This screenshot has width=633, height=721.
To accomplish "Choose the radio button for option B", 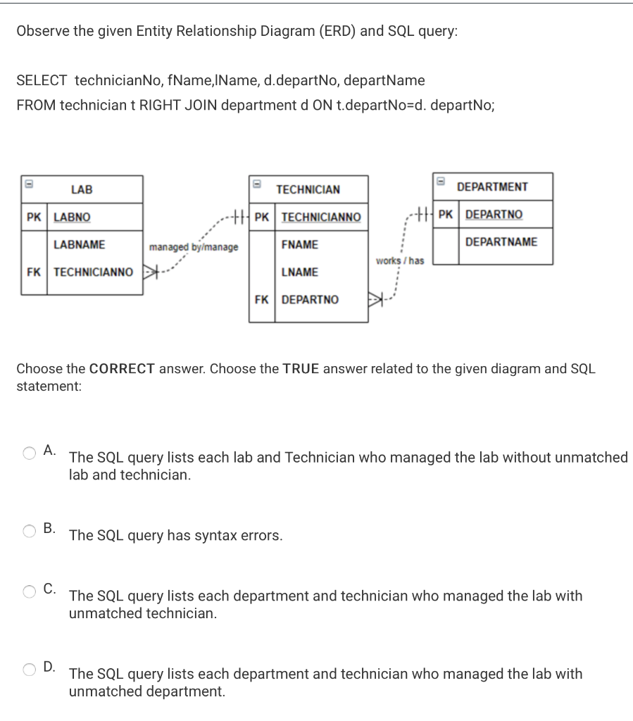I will click(x=30, y=532).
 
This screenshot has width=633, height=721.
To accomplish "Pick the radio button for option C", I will click(x=30, y=591).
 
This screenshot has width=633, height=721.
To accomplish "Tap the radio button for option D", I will click(x=30, y=670).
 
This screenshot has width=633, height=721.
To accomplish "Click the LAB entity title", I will click(x=82, y=189).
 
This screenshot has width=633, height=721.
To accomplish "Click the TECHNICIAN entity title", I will click(x=308, y=189).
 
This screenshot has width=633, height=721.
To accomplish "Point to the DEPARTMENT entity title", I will click(x=492, y=187).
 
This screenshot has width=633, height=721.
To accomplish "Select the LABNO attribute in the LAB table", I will click(x=72, y=217).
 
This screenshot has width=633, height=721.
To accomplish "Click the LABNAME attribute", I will click(x=80, y=244).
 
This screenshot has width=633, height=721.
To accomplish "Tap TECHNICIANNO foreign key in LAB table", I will click(x=93, y=272).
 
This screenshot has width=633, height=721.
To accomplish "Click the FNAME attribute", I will click(x=299, y=244).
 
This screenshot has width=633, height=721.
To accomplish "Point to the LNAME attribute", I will click(x=299, y=272).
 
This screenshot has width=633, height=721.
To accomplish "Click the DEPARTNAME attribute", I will click(x=501, y=242).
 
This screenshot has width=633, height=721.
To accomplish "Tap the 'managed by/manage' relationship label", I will click(x=193, y=247).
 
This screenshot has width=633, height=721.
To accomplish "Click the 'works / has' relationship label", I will click(x=399, y=261).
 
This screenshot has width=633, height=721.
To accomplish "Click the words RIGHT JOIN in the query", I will click(x=175, y=105).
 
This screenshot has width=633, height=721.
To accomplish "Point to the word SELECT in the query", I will click(x=42, y=81).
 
